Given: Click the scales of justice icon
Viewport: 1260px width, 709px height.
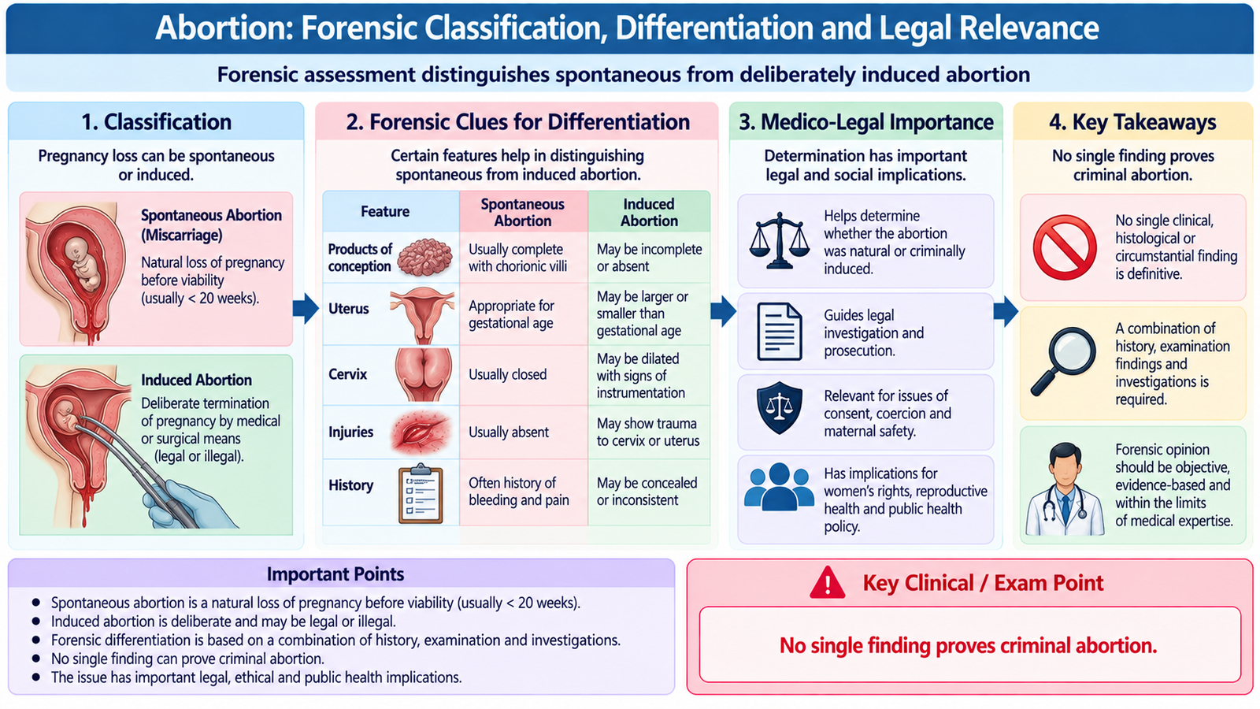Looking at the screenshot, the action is [779, 240].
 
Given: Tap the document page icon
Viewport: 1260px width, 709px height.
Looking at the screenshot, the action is [779, 332].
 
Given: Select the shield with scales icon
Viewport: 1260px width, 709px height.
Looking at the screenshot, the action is [779, 407].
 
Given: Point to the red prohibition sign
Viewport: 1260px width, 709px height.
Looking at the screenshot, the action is [1065, 247].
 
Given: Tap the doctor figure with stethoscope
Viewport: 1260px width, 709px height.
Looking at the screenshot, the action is [1065, 489].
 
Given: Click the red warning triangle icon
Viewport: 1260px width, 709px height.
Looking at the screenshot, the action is [827, 582].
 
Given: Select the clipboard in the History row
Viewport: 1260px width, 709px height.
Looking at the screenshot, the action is [421, 493].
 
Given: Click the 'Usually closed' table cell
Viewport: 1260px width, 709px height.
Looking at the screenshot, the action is [507, 374].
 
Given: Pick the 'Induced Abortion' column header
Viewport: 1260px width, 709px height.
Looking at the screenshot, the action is [649, 212].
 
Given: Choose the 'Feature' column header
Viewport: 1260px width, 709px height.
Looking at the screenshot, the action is [385, 212].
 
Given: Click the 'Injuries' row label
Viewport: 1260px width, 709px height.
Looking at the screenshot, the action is [350, 432].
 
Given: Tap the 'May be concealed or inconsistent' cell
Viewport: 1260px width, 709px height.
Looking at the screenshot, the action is [647, 492].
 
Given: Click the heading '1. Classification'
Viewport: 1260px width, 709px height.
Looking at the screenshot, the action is [157, 122].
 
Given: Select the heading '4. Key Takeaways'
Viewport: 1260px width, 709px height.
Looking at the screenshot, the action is [1132, 122].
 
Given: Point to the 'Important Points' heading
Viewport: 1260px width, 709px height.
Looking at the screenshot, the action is [335, 574].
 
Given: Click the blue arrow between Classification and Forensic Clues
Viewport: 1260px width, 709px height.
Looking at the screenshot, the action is [306, 308].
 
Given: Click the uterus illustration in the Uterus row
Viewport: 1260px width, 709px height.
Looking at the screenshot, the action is [422, 314].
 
